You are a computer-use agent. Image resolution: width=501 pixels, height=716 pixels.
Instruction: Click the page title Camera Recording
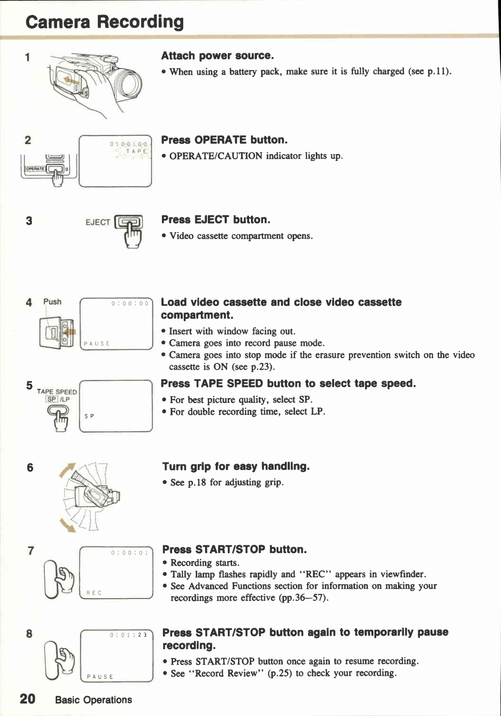104,22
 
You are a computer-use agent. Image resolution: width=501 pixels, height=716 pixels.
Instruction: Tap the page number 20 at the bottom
28,699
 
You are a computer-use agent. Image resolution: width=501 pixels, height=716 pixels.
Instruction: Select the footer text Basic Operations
93,700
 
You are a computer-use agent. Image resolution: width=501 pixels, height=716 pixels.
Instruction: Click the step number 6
30,467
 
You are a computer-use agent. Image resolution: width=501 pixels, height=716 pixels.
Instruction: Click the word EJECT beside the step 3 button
98,222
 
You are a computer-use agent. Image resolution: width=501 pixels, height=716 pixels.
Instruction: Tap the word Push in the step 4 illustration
52,302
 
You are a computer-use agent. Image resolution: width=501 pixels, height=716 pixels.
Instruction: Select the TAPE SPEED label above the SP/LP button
57,392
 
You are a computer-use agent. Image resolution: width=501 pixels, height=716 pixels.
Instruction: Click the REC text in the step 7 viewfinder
94,593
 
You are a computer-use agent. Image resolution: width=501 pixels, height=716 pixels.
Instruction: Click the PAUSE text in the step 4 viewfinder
97,343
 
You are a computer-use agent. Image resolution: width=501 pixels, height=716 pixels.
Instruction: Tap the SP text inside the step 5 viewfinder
90,416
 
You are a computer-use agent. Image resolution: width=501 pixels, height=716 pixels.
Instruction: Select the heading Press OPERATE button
225,140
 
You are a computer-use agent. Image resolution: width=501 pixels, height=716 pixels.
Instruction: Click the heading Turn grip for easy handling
236,466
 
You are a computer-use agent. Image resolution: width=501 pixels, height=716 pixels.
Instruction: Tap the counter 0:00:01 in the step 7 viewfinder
130,553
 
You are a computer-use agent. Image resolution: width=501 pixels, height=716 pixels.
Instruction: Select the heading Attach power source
218,56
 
